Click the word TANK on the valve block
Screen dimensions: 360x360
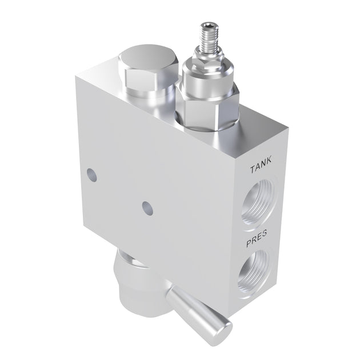(x=261, y=169)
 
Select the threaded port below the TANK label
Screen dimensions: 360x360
(x=259, y=203)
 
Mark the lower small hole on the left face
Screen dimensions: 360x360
(x=146, y=206)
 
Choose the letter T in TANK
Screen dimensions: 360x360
(x=252, y=170)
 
